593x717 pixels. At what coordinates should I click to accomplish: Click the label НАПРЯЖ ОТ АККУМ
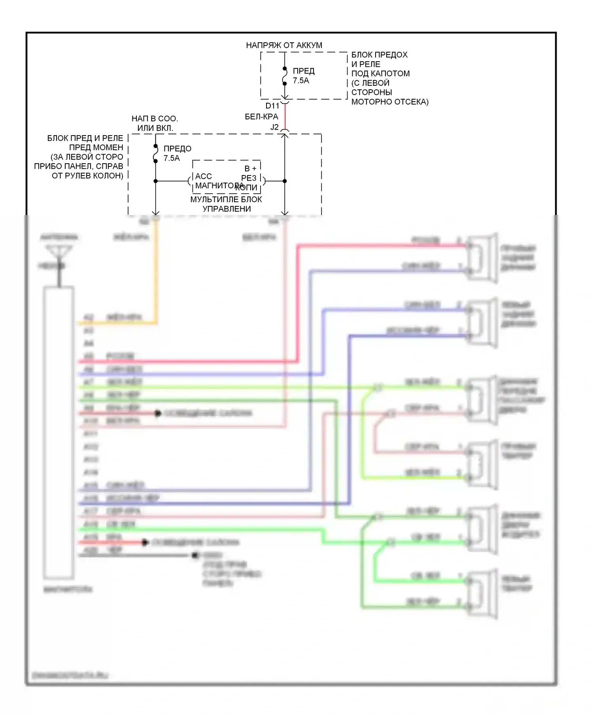click(x=284, y=45)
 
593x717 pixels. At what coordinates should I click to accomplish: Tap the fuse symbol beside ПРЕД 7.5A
click(x=285, y=76)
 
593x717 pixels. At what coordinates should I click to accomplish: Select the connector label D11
click(x=272, y=106)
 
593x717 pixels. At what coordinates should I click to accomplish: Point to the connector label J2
click(x=274, y=127)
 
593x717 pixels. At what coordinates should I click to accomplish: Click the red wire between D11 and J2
click(x=285, y=117)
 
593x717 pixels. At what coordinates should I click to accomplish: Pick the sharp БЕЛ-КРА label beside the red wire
click(x=261, y=117)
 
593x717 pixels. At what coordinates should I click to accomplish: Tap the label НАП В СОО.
click(x=155, y=119)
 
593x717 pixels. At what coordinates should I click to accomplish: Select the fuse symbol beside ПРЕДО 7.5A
click(x=155, y=153)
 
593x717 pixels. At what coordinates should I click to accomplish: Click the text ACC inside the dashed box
click(x=204, y=176)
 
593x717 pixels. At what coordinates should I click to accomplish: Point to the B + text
click(x=251, y=169)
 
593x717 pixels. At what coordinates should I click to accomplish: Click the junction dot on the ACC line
click(x=155, y=181)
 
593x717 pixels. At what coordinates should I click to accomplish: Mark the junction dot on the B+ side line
click(x=285, y=181)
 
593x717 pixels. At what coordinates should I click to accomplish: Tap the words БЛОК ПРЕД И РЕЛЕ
click(x=85, y=138)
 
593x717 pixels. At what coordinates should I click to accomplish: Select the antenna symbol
click(x=59, y=253)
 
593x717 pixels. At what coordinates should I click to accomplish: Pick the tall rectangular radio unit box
click(x=59, y=432)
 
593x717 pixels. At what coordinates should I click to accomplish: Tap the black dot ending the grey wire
click(x=195, y=555)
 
